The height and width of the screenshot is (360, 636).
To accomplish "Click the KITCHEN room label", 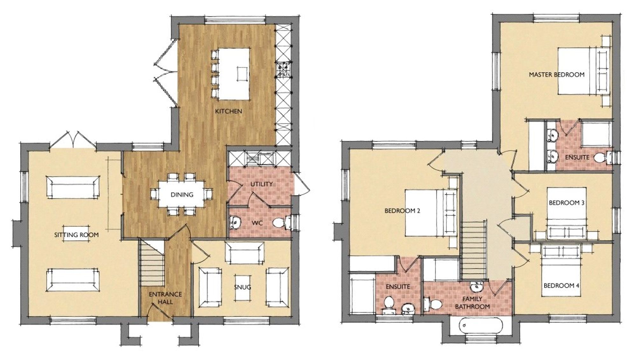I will tap(228, 111).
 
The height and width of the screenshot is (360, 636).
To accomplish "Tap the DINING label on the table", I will tap(182, 195).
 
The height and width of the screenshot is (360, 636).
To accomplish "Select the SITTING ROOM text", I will tap(76, 235).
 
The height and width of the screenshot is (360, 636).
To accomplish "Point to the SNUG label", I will tap(243, 287).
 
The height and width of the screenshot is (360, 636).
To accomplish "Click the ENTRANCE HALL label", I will tap(165, 298).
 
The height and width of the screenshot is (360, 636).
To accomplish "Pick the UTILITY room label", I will tap(261, 184).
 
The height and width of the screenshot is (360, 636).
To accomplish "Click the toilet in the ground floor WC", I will tap(280, 223).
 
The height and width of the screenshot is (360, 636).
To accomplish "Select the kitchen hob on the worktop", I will tap(283, 70).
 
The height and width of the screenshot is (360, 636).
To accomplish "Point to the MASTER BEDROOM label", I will tap(556, 75).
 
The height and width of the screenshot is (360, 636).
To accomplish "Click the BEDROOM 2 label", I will tap(402, 211).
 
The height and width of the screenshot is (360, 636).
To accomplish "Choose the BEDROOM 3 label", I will tap(566, 203).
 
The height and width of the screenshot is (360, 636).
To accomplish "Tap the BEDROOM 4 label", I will tap(561, 286).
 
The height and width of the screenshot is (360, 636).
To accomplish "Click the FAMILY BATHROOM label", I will tap(472, 303).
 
